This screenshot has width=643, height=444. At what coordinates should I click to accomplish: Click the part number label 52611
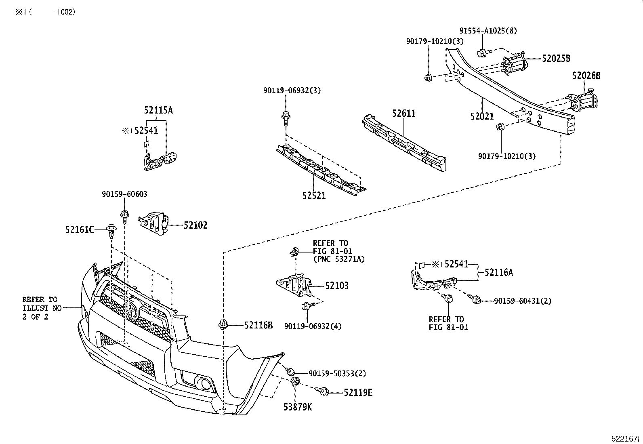tap(403, 114)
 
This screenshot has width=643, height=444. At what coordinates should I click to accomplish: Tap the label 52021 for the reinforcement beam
tap(482, 116)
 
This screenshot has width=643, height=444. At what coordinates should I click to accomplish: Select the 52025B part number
tap(556, 59)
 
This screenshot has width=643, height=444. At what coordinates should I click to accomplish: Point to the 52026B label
tap(586, 76)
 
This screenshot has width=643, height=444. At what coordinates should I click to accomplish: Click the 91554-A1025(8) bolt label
tap(488, 31)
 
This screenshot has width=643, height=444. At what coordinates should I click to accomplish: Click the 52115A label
tap(158, 110)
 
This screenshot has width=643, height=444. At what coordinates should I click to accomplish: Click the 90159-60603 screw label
tap(124, 194)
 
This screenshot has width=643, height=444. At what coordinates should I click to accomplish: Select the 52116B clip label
tap(258, 325)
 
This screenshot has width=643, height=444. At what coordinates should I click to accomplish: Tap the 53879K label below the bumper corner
tap(297, 407)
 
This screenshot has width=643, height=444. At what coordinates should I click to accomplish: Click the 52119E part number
tap(358, 392)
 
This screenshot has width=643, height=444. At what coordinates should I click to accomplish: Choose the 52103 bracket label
tap(337, 286)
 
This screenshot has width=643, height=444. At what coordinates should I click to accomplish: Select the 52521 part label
tap(314, 196)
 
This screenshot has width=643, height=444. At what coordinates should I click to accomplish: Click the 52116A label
tap(499, 273)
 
